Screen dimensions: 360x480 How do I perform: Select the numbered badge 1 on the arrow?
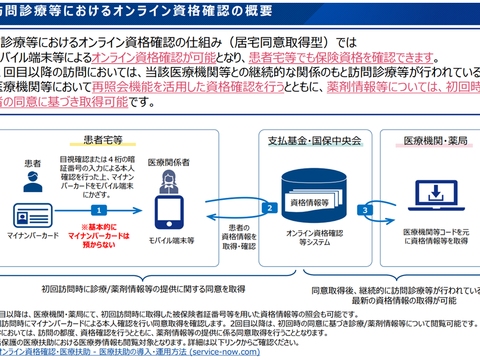99,210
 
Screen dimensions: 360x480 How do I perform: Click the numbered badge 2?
269,208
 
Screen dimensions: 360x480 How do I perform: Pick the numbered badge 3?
365,210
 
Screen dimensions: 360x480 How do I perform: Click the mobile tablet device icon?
168,210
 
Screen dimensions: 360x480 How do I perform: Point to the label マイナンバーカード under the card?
32,236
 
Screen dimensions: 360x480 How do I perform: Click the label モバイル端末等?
171,240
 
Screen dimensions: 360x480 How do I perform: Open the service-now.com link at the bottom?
128,352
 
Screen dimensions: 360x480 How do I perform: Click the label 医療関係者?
168,162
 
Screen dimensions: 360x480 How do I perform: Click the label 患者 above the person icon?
32,163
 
